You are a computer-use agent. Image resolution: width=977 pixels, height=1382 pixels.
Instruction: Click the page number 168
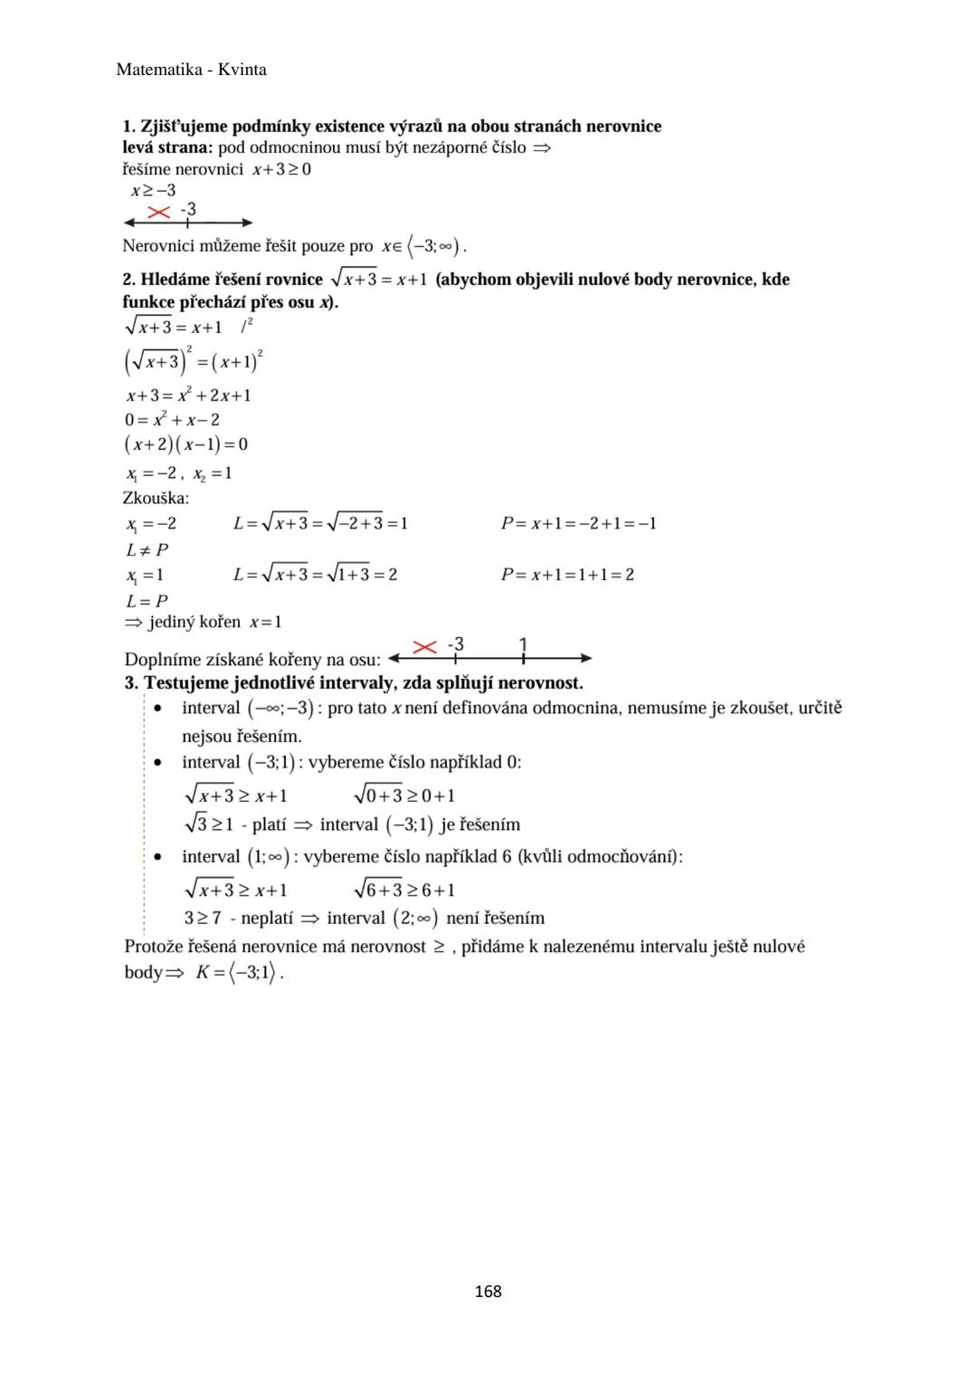pos(488,1291)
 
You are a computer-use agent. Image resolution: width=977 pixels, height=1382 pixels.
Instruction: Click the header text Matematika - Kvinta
pos(192,70)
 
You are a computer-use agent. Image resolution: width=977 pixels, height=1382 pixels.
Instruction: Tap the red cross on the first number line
pos(159,212)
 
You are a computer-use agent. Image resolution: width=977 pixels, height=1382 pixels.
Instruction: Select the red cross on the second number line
pos(424,646)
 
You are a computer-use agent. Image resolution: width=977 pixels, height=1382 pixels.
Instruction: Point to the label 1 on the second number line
pos(523,643)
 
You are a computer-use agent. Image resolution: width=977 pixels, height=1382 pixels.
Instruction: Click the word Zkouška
pos(156,498)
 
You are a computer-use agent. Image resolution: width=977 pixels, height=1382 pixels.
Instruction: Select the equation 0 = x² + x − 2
pos(172,419)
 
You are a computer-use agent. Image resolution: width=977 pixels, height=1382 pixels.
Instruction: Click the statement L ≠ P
pos(147,549)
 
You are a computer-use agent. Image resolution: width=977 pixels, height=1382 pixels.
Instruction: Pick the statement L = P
pos(147,601)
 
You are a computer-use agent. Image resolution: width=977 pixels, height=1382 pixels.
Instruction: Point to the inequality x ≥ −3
pos(153,190)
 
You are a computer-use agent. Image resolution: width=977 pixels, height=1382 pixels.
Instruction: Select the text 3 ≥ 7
pos(203,918)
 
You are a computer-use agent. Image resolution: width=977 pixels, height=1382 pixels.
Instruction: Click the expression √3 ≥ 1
pos(208,824)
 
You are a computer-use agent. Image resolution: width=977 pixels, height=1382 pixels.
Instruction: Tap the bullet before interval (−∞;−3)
pos(159,708)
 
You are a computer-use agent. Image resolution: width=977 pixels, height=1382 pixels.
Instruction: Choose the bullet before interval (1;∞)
pos(159,856)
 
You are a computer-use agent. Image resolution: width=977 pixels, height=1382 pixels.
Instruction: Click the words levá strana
pos(167,148)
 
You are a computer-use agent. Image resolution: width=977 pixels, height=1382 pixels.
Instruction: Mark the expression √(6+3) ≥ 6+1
pos(404,889)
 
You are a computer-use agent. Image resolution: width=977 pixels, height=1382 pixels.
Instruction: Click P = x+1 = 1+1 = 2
pos(567,575)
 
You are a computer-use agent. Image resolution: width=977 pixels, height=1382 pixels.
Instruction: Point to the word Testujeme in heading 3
pos(185,682)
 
